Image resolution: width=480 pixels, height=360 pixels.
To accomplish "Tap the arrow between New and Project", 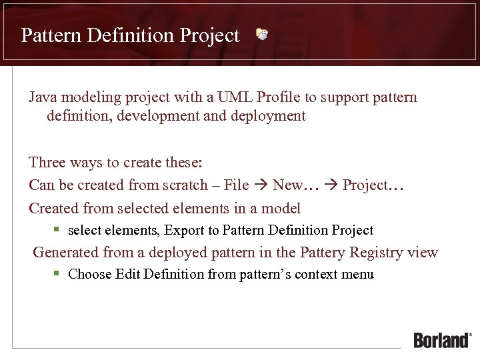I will coord(331,185).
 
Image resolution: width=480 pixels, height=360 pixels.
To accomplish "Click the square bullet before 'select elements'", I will coord(57,230).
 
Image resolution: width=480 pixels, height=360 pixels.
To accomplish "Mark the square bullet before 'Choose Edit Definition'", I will coord(57,273).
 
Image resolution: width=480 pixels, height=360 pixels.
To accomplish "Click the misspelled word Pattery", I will coord(324,252).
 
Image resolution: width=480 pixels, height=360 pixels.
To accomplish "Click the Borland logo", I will coord(442,340).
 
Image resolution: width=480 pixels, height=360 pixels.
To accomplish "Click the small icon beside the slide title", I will coord(262,34).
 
